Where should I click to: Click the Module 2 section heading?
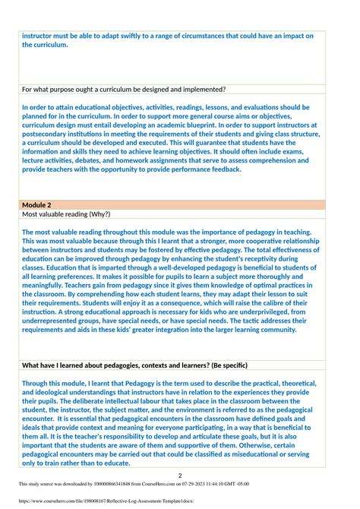37,205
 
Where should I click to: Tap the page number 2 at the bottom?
180,475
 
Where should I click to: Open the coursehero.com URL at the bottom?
103,501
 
